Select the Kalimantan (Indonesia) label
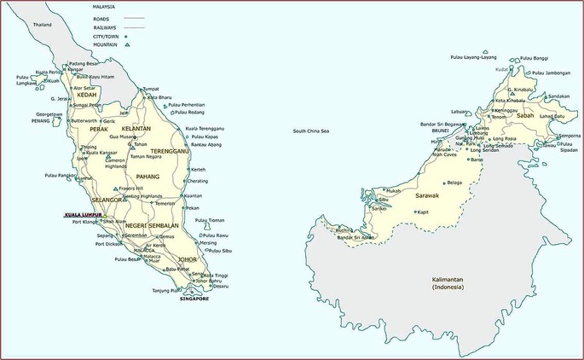tap(449, 282)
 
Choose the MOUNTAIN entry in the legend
tap(106, 46)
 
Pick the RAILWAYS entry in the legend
tap(105, 27)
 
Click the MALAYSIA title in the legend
tap(104, 7)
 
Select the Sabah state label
tap(525, 114)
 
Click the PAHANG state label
tap(148, 176)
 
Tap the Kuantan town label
tap(193, 195)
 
